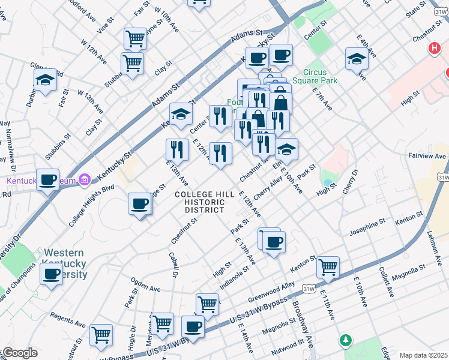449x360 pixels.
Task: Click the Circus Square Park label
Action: tap(315, 76)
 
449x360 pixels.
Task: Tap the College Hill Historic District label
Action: tap(200, 202)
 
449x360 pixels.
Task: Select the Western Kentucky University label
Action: tap(64, 264)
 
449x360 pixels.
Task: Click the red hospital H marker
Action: tap(434, 48)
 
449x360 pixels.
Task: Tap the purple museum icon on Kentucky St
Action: tap(85, 179)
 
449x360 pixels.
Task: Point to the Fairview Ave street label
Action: tap(429, 156)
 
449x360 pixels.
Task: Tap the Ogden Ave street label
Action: tap(146, 284)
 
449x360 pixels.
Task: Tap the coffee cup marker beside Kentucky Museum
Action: tap(47, 179)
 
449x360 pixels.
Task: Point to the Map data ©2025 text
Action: tap(423, 355)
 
